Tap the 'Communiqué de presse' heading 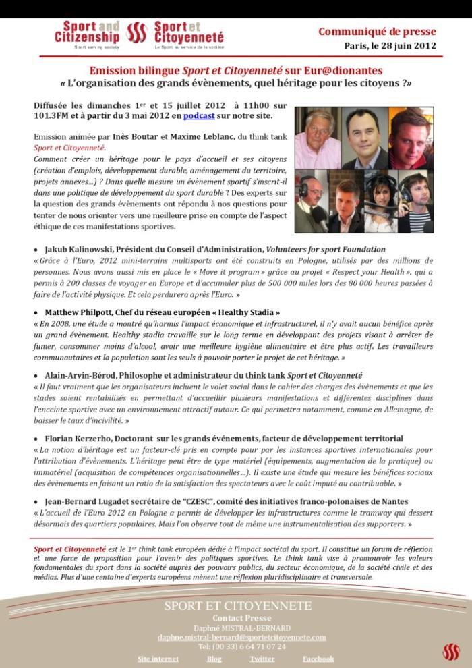pos(377,32)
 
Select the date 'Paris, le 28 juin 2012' pos(390,46)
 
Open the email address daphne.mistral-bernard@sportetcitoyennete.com pos(241,637)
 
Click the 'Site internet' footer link pos(158,659)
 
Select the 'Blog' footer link pos(214,659)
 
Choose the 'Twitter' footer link pos(262,659)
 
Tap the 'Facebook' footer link pos(318,659)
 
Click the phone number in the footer pos(241,646)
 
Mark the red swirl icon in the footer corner pos(450,651)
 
